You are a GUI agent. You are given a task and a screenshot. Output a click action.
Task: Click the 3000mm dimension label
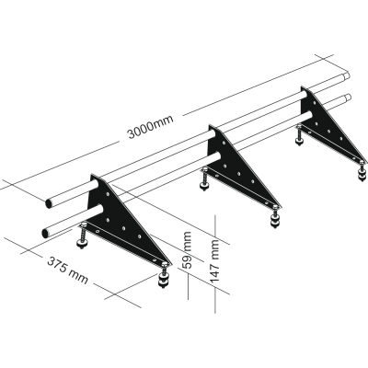point(151,127)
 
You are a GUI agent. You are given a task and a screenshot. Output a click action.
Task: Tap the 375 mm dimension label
point(67,270)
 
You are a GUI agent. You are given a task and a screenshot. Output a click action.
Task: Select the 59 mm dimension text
point(188,250)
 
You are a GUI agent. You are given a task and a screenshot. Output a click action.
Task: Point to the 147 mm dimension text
point(214,261)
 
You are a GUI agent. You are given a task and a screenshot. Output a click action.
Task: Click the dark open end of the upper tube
point(49,203)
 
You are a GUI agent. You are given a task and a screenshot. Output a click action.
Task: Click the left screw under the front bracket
point(82,236)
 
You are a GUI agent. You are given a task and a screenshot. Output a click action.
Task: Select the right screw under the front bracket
point(165,274)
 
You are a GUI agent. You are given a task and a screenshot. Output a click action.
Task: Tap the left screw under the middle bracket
point(203,180)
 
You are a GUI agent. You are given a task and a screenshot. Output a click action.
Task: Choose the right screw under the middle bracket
point(275,217)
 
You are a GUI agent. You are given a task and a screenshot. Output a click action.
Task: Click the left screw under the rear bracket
point(298,135)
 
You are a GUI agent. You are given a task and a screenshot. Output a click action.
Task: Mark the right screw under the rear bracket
point(362,171)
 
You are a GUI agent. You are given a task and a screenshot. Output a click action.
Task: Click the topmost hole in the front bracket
point(108,194)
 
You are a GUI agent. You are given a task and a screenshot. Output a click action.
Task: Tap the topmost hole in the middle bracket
point(224,143)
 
